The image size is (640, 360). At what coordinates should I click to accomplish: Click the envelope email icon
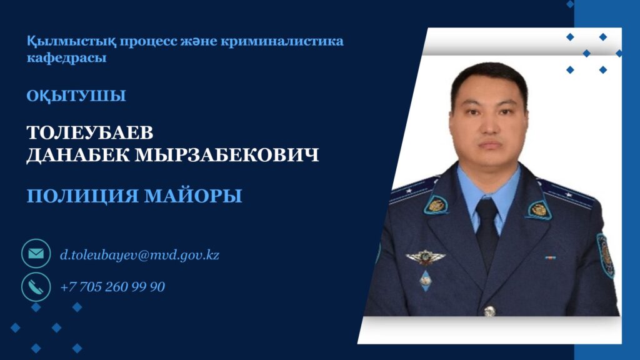coord(36,254)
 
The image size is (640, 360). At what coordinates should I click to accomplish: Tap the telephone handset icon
coord(36,286)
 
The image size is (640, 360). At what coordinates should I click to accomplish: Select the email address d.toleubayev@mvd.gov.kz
coord(139,255)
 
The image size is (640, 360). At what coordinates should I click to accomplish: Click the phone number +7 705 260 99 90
coord(112,287)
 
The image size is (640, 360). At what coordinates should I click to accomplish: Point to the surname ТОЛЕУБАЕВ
coord(90,132)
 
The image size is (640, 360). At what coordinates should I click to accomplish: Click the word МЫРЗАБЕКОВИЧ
coord(226,155)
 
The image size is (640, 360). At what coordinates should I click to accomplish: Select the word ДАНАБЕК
coord(78,156)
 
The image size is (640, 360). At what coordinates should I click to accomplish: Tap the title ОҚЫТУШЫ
coord(76,96)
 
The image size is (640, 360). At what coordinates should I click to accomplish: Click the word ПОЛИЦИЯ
coord(83,196)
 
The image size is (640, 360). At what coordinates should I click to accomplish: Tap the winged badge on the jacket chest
coord(425,257)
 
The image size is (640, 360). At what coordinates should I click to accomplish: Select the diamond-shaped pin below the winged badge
coord(425,280)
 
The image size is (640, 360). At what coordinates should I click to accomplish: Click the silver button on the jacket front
coord(489,311)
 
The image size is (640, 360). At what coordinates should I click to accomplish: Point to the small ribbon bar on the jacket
coord(550,257)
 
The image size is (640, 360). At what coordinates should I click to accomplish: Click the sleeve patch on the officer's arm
coord(605,256)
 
